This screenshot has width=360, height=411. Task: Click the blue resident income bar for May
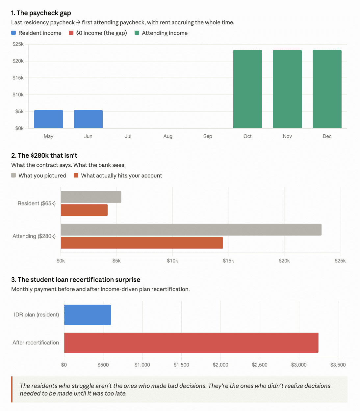48,119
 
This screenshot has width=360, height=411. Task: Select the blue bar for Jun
88,119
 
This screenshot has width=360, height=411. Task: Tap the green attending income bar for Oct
247,89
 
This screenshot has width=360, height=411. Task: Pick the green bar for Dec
327,89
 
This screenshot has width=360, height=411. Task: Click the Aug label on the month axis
168,136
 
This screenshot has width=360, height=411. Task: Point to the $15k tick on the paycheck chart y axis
18,78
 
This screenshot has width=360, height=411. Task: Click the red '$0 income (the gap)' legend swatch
71,33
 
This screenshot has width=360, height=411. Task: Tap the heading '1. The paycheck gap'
41,13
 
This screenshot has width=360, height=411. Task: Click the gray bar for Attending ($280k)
191,230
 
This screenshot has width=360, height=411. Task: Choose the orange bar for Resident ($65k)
84,210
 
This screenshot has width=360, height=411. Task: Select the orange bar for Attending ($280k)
141,243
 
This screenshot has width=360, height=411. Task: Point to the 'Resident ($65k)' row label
37,204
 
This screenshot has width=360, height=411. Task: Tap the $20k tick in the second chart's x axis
284,261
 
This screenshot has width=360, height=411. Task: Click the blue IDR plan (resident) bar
88,315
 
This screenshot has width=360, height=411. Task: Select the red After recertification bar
191,343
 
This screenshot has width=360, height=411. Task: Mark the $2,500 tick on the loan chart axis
260,365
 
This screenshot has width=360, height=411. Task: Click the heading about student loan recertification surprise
76,280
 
